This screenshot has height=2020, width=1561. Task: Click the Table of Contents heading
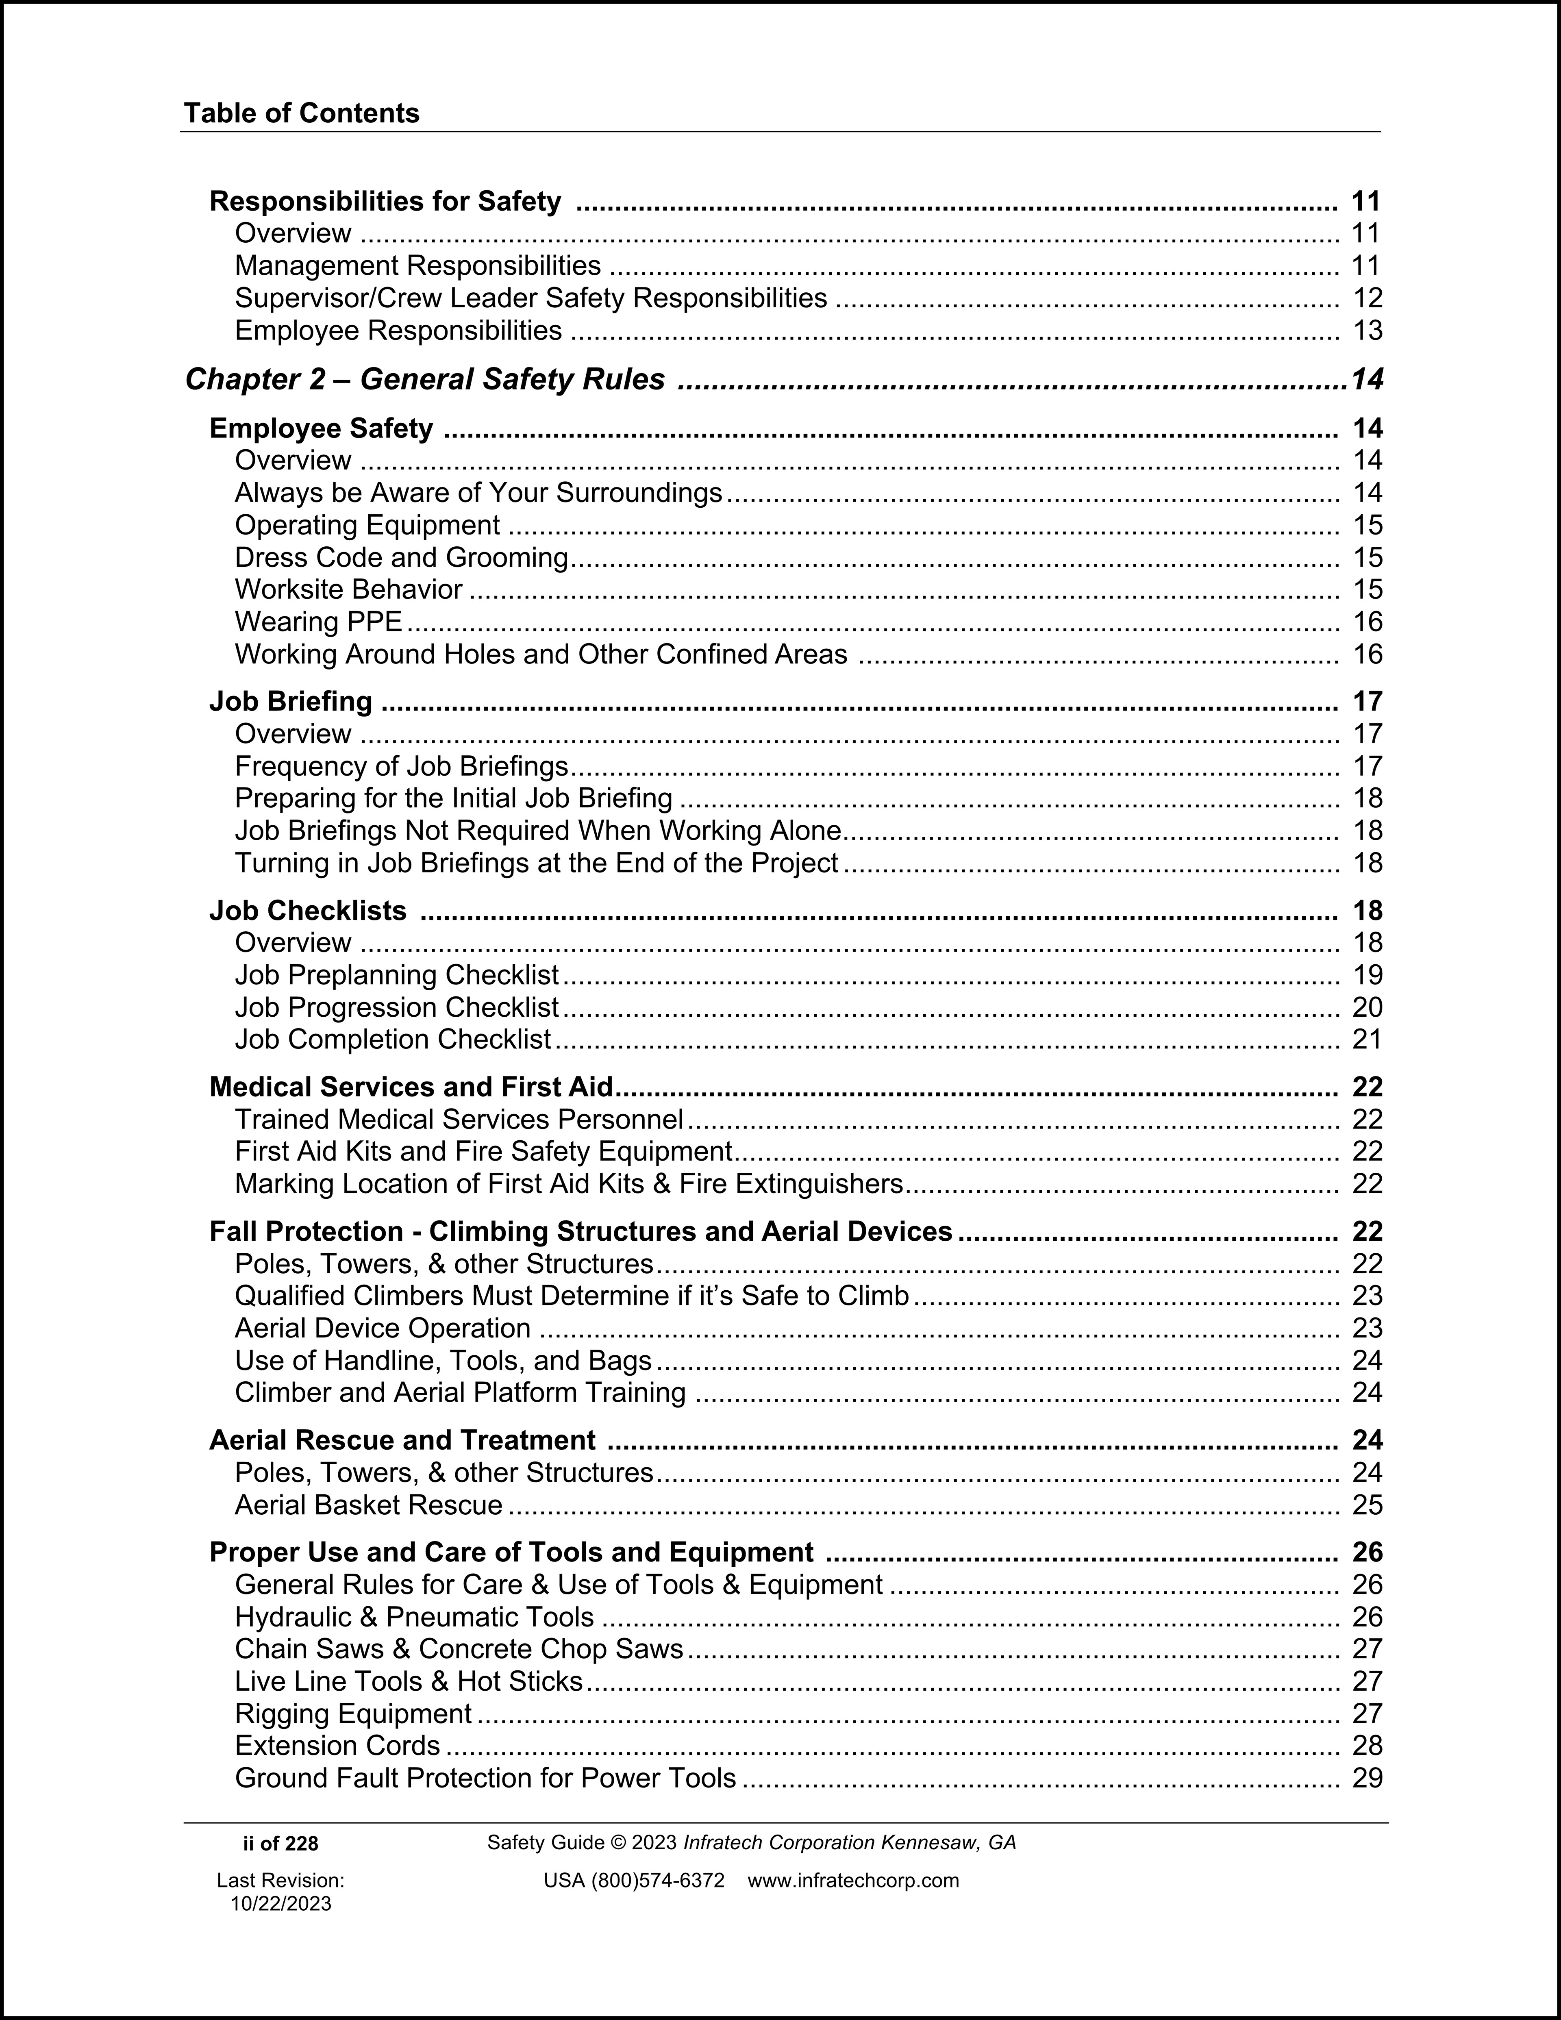pos(302,114)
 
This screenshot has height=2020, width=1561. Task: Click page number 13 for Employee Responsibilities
pos(1367,330)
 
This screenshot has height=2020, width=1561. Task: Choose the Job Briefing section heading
pos(290,701)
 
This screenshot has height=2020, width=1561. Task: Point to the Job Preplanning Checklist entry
pos(397,975)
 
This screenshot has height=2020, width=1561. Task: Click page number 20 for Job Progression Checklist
pos(1367,1007)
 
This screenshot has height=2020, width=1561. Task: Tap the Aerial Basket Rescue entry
pos(368,1505)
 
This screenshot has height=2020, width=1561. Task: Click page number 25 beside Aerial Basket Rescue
pos(1367,1505)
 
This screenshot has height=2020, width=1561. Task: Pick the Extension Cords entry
pos(337,1745)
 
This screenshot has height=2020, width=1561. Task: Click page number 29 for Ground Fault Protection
pos(1367,1778)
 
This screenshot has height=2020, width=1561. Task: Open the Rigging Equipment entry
pos(353,1713)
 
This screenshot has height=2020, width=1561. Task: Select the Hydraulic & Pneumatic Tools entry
pos(414,1617)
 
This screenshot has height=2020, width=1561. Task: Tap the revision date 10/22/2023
pos(280,1903)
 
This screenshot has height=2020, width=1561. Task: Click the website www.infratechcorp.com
pos(852,1880)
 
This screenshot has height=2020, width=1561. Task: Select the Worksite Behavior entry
pos(349,589)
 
